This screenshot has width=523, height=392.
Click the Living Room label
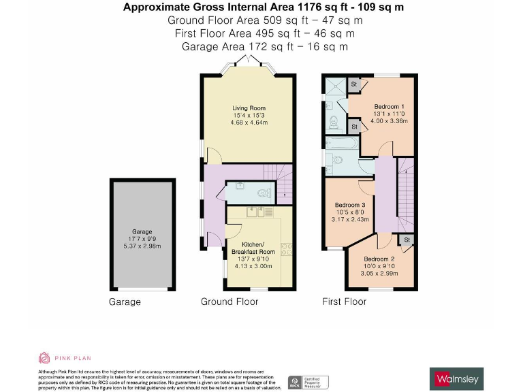249,108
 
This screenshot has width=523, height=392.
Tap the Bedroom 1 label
389,107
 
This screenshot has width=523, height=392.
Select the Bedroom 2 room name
379,259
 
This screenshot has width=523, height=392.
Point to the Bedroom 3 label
350,205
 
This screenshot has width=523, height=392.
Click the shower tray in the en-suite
335,87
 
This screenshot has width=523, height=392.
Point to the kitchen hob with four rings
287,250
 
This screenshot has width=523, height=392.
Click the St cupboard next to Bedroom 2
407,241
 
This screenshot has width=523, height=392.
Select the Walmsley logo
456,378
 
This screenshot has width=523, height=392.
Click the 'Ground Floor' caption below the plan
229,301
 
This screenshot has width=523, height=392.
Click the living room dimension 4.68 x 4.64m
249,122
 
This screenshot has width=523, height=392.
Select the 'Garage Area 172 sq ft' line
264,46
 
